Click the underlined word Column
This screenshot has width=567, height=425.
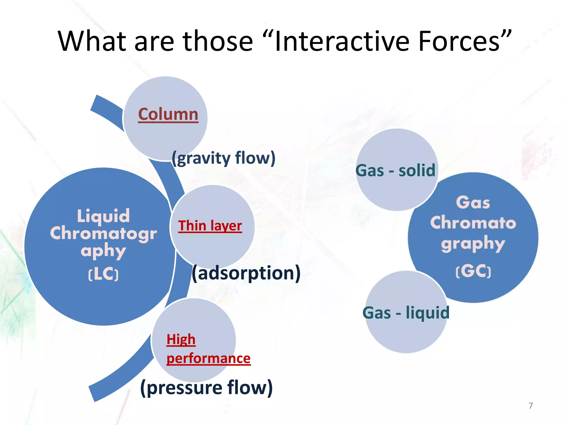[x=168, y=114]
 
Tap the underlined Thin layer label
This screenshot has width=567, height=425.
[x=210, y=226]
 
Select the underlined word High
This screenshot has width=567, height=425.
[x=181, y=339]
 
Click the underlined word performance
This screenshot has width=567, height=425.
[x=208, y=359]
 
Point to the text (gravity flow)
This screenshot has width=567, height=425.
[x=223, y=158]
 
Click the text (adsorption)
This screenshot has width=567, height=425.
[x=246, y=273]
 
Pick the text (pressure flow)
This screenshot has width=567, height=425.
[x=207, y=387]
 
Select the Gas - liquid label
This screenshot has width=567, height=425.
[x=406, y=313]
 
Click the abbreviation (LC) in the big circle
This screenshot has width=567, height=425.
[x=103, y=274]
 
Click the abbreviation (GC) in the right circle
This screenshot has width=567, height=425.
[x=473, y=271]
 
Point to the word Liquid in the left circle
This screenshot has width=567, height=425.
[x=103, y=216]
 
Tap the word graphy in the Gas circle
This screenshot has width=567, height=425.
[x=473, y=244]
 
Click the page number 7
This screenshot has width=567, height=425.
[x=530, y=406]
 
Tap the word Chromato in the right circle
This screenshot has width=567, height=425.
[x=473, y=223]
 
